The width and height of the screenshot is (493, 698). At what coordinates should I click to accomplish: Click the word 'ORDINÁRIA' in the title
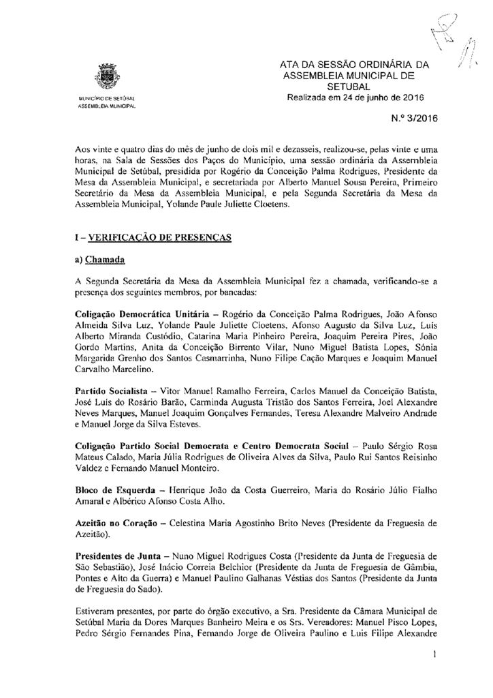pyautogui.click(x=381, y=65)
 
